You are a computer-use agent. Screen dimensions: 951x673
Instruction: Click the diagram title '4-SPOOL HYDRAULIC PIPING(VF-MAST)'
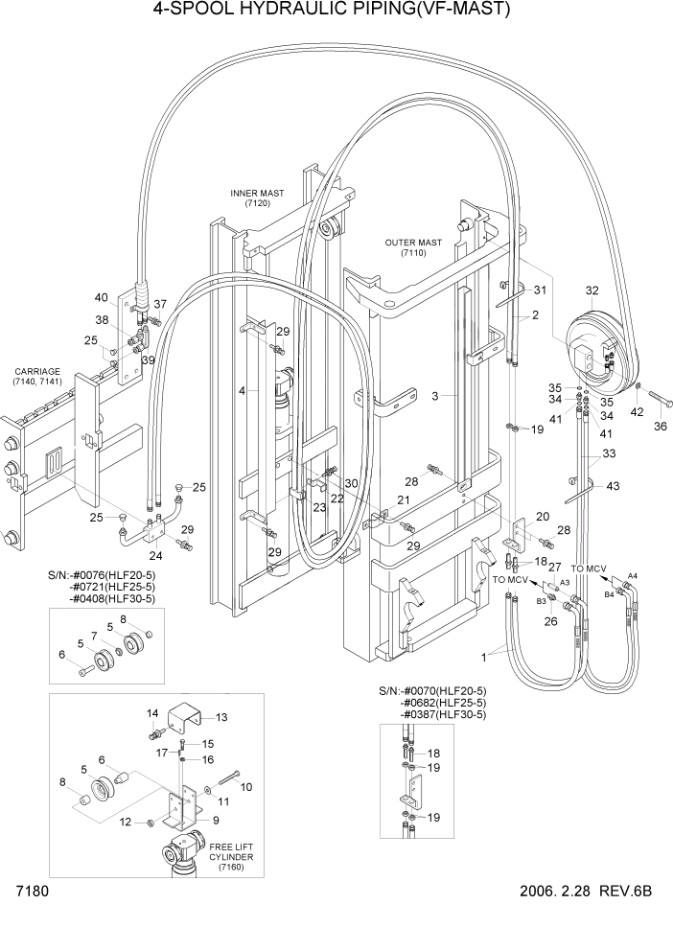tap(331, 11)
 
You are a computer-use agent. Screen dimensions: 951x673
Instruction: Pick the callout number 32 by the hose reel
tap(592, 290)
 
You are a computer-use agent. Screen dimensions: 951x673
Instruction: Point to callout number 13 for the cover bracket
tap(221, 717)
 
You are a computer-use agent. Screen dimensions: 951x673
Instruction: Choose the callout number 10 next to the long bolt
tap(245, 786)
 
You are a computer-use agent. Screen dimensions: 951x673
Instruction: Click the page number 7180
tap(25, 891)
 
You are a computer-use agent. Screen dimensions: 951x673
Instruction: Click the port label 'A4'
tap(631, 576)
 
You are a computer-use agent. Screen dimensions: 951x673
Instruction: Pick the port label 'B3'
tap(540, 601)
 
